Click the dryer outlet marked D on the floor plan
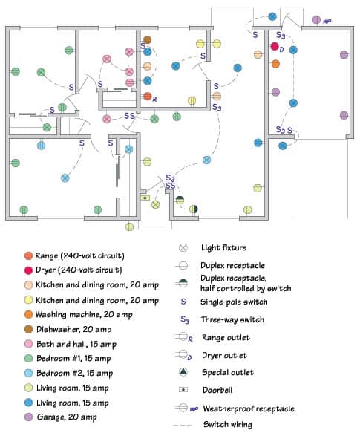275,47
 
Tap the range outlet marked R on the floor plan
148,97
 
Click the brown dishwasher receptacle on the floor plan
148,39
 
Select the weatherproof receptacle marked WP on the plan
316,19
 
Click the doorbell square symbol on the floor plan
144,198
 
